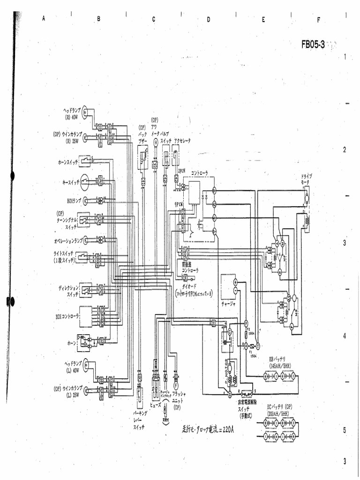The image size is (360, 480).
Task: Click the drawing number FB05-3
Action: point(313,45)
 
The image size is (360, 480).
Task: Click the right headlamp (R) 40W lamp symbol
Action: point(85,112)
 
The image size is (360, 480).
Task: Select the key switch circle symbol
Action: point(84,181)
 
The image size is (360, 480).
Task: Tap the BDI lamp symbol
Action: point(85,201)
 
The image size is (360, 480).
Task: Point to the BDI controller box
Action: point(86,316)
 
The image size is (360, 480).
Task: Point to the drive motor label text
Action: point(307,179)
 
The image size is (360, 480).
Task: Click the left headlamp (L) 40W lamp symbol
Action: point(85,366)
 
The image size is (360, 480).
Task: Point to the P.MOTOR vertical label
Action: point(226,371)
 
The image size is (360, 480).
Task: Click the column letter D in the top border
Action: point(209,19)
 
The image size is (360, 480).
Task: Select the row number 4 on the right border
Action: point(345,336)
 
